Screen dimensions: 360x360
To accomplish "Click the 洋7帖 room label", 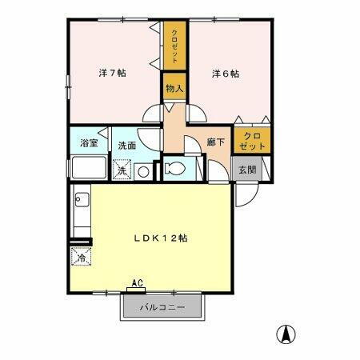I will coord(111,73).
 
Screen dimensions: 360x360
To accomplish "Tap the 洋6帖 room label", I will coord(225,73).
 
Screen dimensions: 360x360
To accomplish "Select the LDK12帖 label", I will coord(160,238).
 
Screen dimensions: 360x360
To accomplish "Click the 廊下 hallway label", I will coord(214,141).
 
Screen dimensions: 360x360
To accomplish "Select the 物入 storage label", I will coord(174,88).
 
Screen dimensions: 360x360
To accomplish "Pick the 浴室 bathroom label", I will coord(88,145).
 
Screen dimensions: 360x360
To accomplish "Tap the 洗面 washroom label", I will coord(126,146).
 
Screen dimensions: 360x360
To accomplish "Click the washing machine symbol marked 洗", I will coord(122,170).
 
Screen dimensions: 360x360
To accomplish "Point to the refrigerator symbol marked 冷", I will coord(80,258).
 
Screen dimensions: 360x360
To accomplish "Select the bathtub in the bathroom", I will coord(88,169).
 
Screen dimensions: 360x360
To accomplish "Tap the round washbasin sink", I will coord(142,170).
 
